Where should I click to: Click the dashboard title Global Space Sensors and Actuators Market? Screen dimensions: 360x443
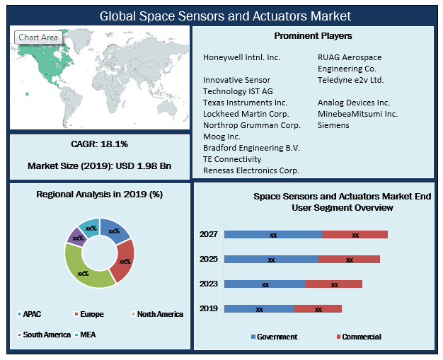[224, 15]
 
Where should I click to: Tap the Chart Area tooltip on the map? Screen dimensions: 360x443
[38, 37]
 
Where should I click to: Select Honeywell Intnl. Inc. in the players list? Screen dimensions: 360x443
[241, 57]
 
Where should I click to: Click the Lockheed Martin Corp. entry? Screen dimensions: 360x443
[246, 114]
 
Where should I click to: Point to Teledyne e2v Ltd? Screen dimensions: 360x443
[351, 80]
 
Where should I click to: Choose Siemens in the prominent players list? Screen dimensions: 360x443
[333, 125]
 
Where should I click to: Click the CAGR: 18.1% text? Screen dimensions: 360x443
[100, 144]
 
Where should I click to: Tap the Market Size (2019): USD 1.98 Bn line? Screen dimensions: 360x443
[100, 166]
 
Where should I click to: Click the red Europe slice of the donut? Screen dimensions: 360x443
[124, 260]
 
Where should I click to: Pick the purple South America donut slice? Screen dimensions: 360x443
[74, 237]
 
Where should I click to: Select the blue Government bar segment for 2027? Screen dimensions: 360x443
[272, 234]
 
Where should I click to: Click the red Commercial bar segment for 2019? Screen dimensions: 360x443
[318, 309]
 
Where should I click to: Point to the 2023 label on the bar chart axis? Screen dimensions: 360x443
[209, 284]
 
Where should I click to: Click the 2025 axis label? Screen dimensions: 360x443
[209, 260]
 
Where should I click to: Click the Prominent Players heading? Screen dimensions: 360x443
[313, 35]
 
